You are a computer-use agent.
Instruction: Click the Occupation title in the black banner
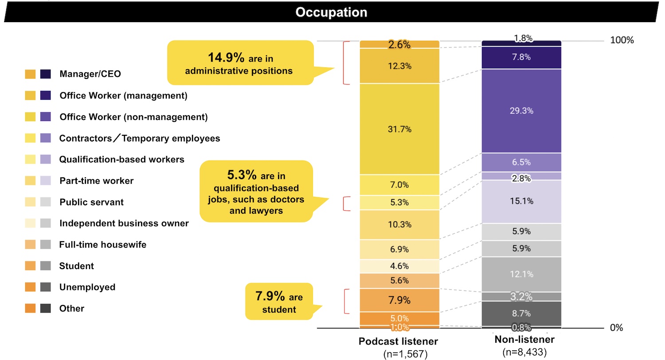(331, 12)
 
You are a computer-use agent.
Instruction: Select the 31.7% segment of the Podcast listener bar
(399, 129)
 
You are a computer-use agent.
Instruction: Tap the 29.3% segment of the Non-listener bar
(521, 111)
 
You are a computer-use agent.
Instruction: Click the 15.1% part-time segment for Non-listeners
(521, 201)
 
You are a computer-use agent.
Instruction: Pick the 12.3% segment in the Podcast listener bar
(399, 66)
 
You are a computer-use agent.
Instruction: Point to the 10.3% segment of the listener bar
(399, 225)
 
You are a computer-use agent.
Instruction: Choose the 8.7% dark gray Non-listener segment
(521, 313)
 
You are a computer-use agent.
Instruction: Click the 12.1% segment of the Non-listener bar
(521, 274)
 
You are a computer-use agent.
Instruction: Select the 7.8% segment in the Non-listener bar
(521, 57)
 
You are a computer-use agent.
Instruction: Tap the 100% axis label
(622, 40)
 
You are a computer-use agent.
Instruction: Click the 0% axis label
(616, 328)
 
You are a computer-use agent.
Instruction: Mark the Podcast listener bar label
(398, 341)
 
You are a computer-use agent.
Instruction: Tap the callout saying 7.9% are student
(278, 302)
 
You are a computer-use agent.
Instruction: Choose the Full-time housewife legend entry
(102, 245)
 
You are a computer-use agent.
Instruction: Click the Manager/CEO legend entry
(90, 74)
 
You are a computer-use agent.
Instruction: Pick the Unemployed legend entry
(87, 287)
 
